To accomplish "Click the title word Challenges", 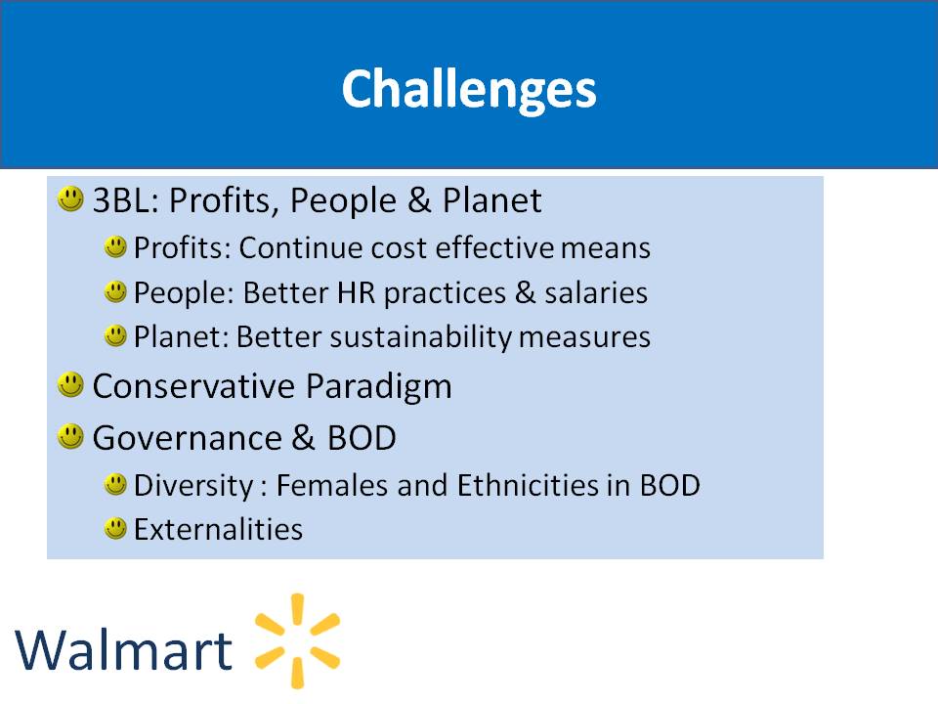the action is click(469, 89).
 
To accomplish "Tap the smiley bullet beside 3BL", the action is click(70, 198).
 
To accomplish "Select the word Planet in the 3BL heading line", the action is click(491, 199).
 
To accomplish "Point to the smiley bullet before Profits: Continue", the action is click(115, 246).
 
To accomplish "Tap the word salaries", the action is click(596, 292).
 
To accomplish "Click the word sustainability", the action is click(421, 337).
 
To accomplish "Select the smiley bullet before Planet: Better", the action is click(115, 335).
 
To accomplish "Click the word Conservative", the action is click(193, 386).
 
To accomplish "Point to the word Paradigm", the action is click(379, 387).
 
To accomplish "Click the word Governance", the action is click(188, 438).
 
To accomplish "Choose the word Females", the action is click(331, 485).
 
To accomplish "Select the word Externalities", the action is click(218, 529).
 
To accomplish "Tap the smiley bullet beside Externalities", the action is click(115, 529).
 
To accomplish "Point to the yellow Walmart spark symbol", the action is click(297, 640).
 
